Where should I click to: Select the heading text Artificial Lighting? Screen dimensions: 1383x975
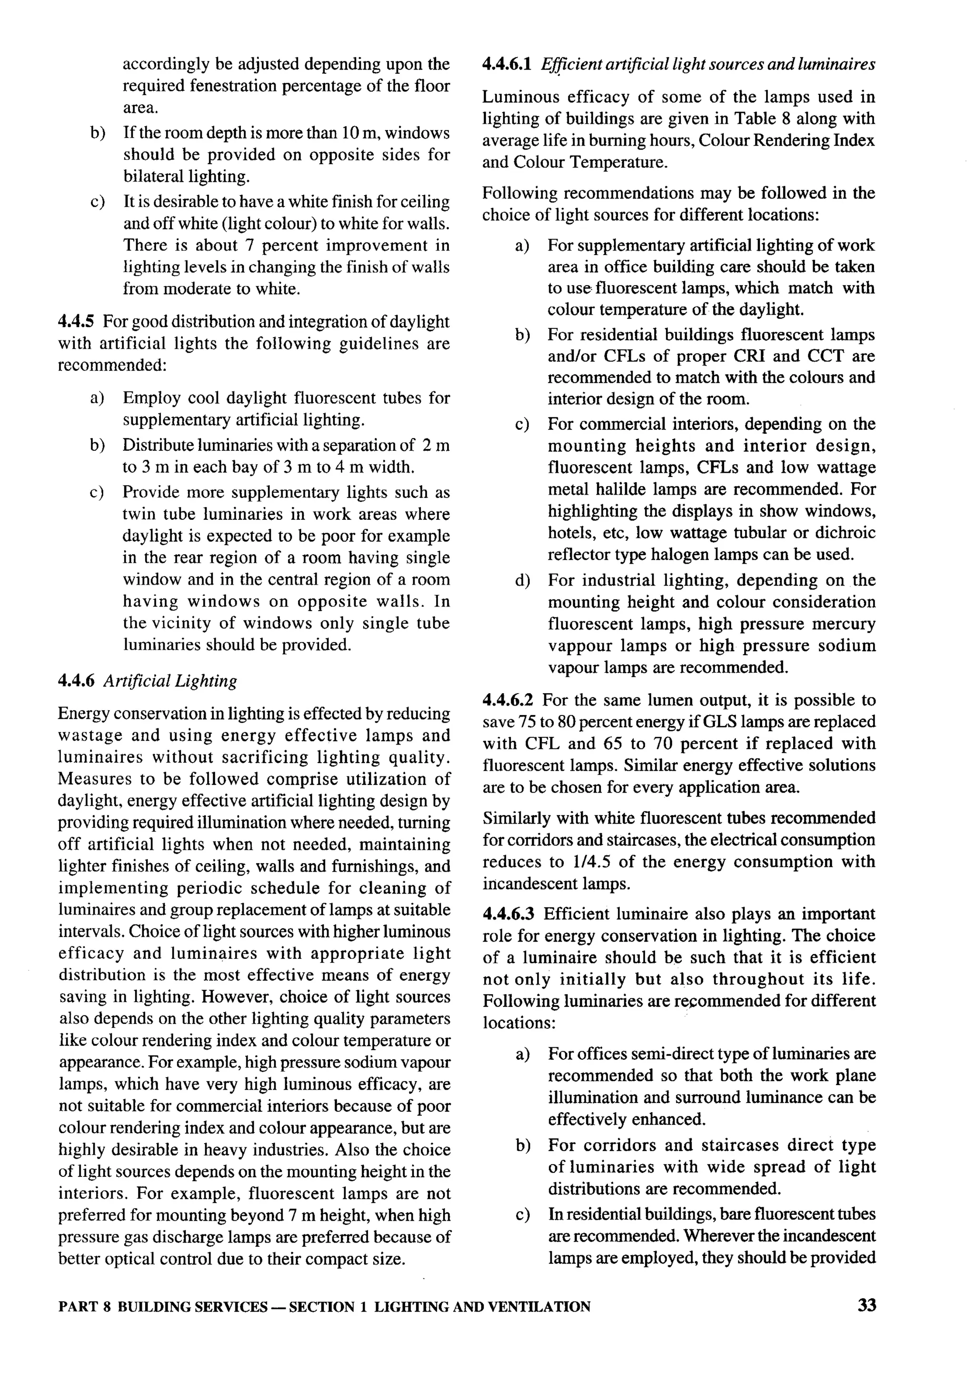170,681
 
